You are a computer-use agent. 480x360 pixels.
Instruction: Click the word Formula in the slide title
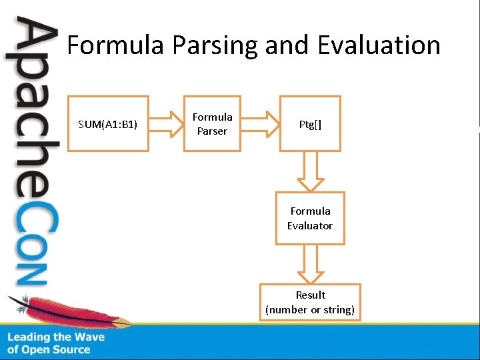[115, 45]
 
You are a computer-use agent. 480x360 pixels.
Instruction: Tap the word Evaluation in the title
[379, 45]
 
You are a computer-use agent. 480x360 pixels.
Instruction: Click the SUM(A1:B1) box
[108, 124]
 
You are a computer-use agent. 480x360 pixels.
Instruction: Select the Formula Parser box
[212, 124]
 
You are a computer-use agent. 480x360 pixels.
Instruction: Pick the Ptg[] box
[310, 124]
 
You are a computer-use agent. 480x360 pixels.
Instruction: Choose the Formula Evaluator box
[310, 218]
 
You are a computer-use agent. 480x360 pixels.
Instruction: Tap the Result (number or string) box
[310, 302]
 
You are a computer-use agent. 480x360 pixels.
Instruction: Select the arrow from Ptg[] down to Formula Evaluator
[310, 171]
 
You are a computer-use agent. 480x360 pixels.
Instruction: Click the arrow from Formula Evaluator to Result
[310, 264]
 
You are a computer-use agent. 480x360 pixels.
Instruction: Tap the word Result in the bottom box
[311, 295]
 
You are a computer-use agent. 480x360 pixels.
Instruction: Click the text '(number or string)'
[310, 309]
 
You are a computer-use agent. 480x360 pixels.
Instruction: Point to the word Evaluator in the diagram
[310, 225]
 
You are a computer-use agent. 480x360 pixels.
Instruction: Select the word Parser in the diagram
[212, 131]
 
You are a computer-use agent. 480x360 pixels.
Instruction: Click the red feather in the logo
[67, 311]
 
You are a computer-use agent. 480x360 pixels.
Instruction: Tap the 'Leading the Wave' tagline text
[56, 337]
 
